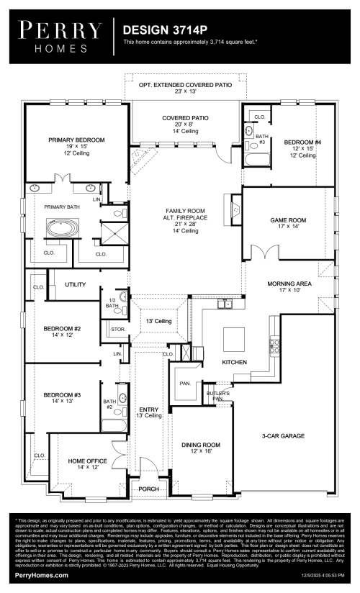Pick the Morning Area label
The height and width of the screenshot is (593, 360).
click(288, 285)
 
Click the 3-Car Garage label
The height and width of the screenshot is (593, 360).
click(282, 436)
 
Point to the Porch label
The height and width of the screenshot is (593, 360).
click(149, 489)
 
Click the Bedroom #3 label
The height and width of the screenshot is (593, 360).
click(60, 395)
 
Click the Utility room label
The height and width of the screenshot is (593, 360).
click(76, 285)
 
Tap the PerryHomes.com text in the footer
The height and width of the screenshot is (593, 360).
click(42, 576)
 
